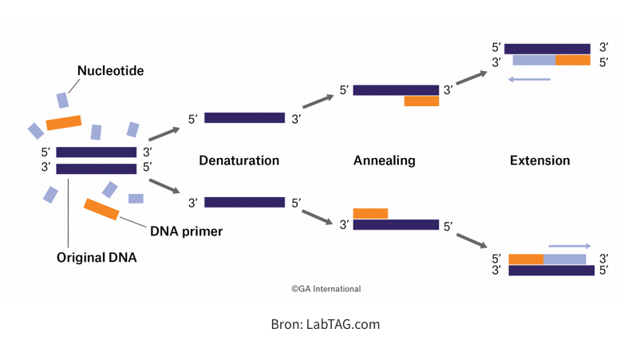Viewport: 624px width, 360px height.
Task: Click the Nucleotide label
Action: point(110,71)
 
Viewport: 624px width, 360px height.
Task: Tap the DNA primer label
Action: point(186,231)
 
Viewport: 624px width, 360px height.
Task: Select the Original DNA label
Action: point(97,257)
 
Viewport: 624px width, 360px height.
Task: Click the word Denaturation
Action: point(239,160)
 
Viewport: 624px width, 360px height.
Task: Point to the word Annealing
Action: point(385,160)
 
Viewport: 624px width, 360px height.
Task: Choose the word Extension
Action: point(540,160)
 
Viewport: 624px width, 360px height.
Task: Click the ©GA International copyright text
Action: point(326,289)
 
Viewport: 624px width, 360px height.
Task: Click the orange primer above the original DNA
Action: point(64,122)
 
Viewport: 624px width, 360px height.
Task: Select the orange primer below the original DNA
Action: point(102,209)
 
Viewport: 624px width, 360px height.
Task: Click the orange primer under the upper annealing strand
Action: point(421,101)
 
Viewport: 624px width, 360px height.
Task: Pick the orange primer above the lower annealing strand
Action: point(370,213)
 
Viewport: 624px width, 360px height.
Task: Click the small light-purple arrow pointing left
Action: point(529,79)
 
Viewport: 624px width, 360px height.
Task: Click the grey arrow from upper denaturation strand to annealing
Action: point(318,102)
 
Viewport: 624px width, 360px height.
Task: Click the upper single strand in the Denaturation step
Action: point(244,118)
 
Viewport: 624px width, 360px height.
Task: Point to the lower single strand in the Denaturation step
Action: point(244,203)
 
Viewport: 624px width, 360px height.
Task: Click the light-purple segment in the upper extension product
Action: point(534,60)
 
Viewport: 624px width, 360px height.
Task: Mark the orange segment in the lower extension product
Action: point(526,259)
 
